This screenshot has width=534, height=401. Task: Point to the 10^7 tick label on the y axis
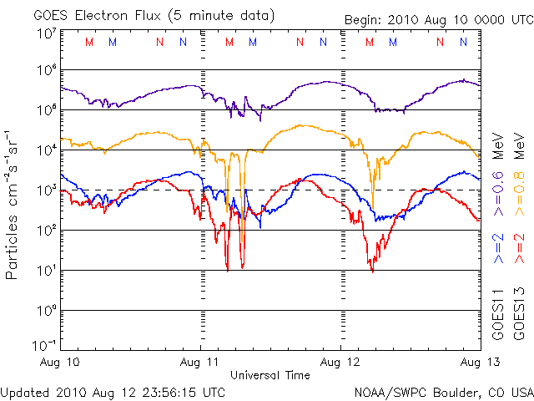pos(47,34)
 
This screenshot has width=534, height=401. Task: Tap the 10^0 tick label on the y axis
pos(47,311)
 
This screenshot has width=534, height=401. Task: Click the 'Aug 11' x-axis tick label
pos(200,363)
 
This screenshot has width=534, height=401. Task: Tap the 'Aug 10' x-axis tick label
pos(61,363)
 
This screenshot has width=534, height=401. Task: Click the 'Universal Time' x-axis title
pos(270,375)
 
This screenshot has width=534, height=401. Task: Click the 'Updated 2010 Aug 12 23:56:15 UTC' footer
pos(113,391)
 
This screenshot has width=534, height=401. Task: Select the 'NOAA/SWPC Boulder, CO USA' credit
pos(443,391)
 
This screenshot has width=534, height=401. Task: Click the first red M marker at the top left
pos(89,42)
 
